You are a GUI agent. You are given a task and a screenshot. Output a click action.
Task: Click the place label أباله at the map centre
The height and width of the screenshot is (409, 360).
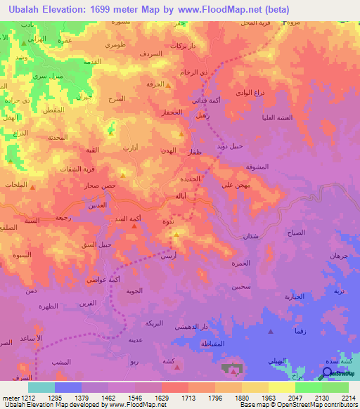181,197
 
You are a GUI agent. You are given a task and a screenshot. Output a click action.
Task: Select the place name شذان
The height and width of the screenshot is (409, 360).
250,236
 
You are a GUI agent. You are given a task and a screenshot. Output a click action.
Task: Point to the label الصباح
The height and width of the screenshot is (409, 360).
296,232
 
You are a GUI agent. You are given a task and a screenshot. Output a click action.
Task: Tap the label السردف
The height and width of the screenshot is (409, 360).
150,53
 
